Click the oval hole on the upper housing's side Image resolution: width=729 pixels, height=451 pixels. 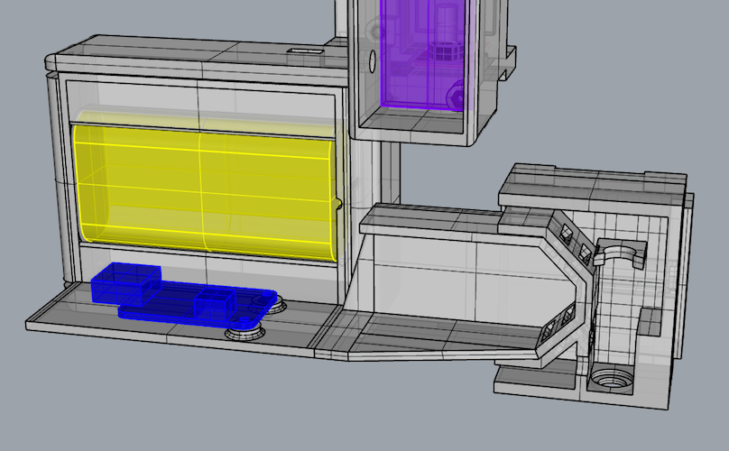[371, 62]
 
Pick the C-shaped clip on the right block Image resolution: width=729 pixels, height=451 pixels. [623, 253]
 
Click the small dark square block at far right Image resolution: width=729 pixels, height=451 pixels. [649, 319]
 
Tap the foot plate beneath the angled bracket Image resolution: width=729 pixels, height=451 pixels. [532, 374]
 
